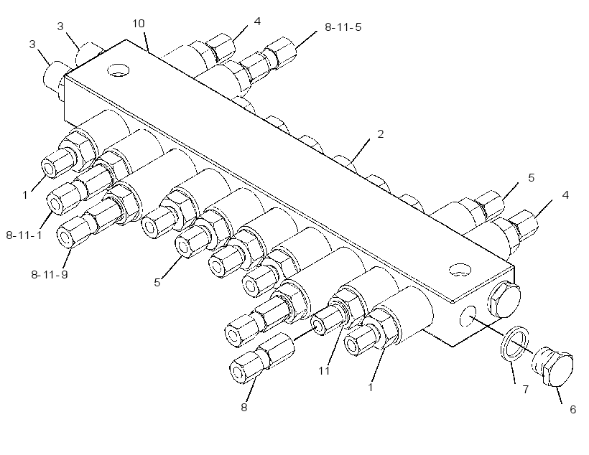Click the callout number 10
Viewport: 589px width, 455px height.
coord(139,24)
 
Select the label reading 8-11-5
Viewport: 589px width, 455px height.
coord(343,27)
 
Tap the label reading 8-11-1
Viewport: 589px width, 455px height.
coord(24,235)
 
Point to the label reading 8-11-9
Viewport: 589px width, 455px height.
coord(50,275)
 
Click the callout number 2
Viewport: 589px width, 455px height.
coord(381,134)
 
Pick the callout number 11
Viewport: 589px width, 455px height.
coord(324,371)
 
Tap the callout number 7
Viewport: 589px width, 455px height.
coord(526,389)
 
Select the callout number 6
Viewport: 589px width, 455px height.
coord(573,409)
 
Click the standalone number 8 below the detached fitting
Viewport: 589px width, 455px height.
coord(244,408)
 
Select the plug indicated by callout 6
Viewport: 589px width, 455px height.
coord(553,366)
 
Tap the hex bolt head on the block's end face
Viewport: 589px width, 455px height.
coord(504,299)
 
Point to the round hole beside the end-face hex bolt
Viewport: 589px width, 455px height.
coord(468,315)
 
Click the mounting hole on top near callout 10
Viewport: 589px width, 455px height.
coord(118,70)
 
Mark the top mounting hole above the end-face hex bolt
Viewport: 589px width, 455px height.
coord(460,270)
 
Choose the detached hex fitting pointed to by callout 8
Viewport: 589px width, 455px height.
coord(262,358)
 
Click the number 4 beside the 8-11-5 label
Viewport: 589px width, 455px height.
coord(257,22)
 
